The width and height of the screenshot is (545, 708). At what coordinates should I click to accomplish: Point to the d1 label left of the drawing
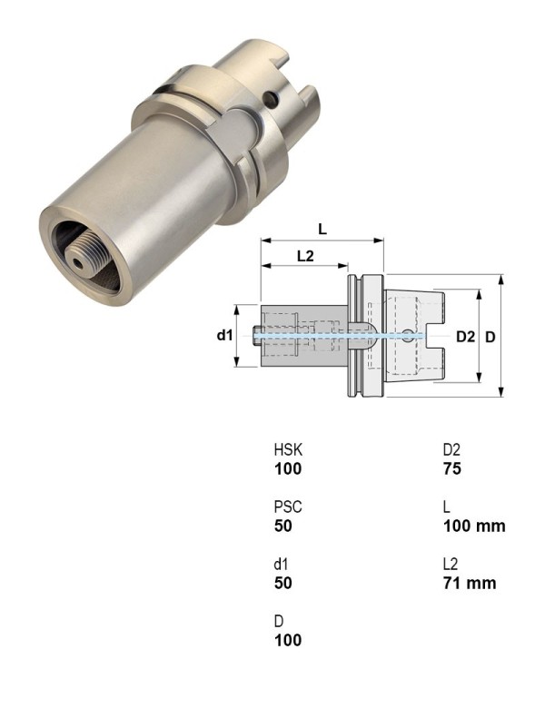(x=225, y=336)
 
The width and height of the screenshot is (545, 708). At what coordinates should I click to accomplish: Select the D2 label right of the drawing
(x=465, y=337)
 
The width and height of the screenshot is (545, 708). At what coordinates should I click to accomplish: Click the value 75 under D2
(x=452, y=469)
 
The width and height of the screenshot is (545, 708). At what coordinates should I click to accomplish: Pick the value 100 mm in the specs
(x=473, y=526)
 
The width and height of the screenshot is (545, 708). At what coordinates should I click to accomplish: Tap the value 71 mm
(x=469, y=583)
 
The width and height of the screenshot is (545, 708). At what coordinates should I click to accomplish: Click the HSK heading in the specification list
(x=286, y=451)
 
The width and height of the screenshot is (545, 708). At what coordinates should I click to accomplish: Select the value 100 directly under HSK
(x=287, y=469)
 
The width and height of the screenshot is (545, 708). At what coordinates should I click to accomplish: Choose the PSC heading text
(x=286, y=508)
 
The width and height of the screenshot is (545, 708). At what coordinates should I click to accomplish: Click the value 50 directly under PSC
(x=283, y=526)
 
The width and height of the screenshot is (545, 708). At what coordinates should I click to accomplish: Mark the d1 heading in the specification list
(x=281, y=565)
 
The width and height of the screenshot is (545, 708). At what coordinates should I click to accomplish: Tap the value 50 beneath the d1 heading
(x=283, y=583)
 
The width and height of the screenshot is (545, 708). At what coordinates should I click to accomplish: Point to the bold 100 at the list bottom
(x=287, y=640)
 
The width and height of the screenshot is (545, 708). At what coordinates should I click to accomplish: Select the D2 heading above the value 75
(x=451, y=451)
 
